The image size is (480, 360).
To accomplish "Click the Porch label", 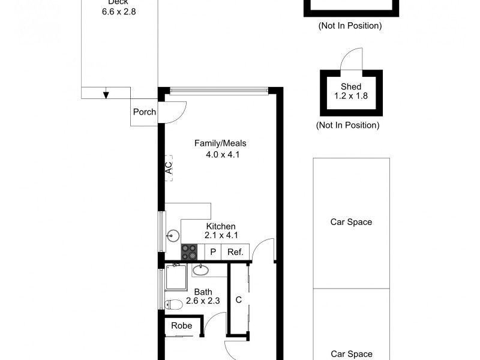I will (144, 112).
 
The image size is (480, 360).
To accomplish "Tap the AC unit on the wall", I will (169, 166).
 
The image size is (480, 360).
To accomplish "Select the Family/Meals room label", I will (220, 143).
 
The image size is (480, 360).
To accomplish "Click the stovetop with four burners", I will (190, 253).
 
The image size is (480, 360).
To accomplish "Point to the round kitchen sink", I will (174, 236).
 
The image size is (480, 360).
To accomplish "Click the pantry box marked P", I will (212, 253).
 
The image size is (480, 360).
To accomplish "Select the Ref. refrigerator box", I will (235, 253).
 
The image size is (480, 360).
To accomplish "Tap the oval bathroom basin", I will (200, 271).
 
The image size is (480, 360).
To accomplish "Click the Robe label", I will (181, 326).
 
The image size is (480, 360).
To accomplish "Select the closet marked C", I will (238, 299).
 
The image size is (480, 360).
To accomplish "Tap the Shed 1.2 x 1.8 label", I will (351, 91).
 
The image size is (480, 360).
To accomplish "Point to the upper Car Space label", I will (351, 222).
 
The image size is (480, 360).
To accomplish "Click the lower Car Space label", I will (351, 354).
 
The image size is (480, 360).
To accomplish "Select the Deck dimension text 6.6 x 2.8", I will (118, 11).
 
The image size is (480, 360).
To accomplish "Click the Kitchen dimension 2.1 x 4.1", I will (220, 235).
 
